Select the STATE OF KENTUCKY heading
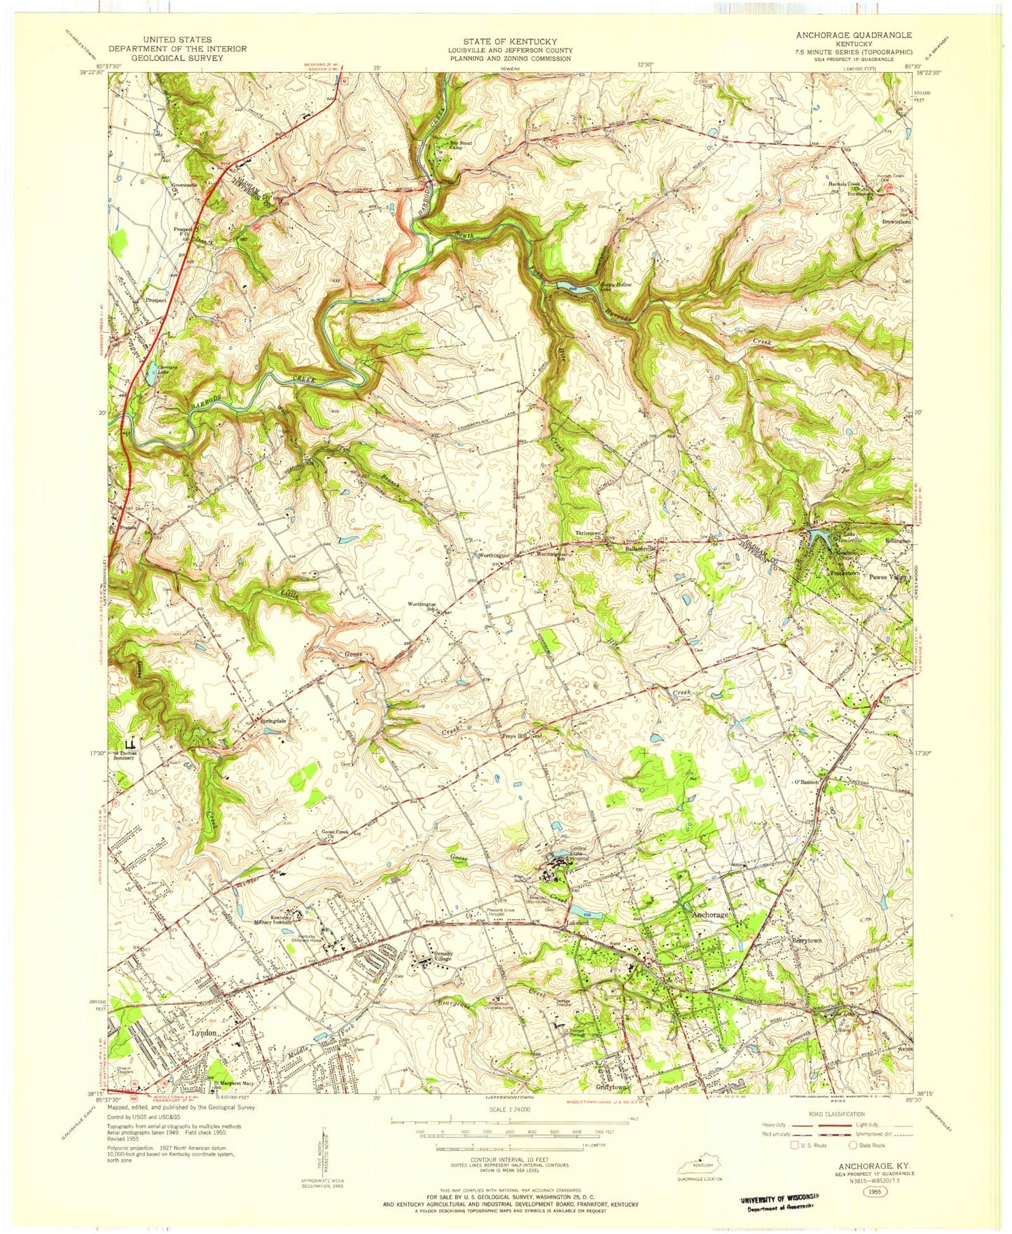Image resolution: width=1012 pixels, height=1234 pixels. pyautogui.click(x=509, y=41)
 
